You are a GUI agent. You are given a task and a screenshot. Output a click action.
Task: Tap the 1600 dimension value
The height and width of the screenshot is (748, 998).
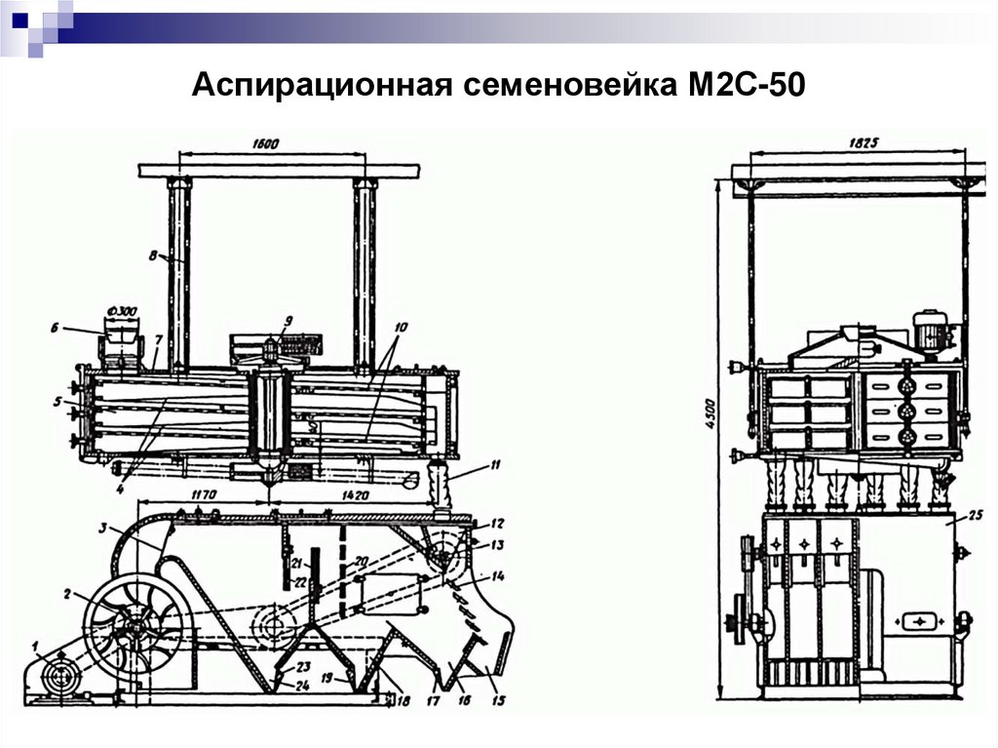[265, 143]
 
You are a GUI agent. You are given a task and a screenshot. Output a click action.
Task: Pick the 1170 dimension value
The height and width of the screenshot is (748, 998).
[203, 495]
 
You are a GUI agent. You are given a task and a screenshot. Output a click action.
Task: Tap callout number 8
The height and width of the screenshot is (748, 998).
[153, 256]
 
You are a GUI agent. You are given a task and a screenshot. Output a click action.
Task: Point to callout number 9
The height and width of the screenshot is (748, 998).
[288, 320]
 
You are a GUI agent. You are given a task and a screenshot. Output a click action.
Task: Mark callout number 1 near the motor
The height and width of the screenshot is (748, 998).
[36, 645]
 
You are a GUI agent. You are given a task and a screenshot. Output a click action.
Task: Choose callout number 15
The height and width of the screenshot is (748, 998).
[500, 700]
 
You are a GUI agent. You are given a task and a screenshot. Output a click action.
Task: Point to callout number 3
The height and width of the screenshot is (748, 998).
[100, 528]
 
